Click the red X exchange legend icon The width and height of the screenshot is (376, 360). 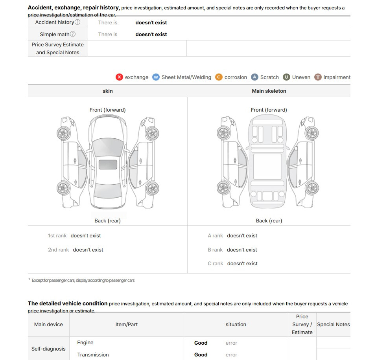119,77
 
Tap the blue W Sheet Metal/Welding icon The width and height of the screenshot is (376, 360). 156,77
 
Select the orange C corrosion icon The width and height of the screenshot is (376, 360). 219,77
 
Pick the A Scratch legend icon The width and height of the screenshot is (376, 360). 254,77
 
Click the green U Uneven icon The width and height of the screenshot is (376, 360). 286,77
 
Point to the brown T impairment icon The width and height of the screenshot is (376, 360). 318,77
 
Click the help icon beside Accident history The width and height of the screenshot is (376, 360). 77,22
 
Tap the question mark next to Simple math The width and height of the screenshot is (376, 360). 73,34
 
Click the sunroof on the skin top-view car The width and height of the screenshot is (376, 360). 108,165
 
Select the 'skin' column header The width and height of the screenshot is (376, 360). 107,91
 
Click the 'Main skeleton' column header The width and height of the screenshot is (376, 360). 269,91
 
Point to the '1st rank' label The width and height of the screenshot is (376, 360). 57,236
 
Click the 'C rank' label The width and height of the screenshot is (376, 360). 215,264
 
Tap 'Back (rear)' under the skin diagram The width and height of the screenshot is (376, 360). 107,220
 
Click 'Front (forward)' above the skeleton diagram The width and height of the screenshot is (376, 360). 269,110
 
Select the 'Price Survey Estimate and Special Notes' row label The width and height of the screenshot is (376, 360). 58,48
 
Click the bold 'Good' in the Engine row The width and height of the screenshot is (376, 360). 201,343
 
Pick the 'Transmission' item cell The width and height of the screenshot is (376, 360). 93,355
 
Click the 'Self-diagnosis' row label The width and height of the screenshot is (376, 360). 48,349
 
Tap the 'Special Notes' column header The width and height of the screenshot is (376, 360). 333,325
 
